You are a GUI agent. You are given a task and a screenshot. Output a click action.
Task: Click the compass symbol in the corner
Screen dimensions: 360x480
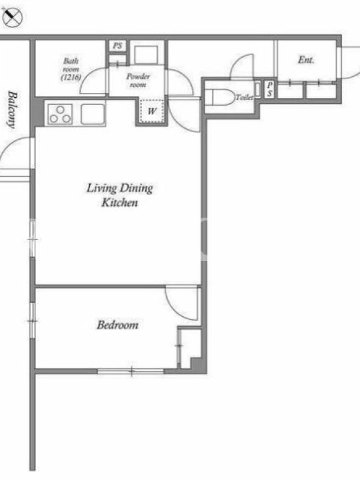(11, 17)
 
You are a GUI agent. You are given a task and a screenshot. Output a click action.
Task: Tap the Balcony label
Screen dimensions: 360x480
(12, 110)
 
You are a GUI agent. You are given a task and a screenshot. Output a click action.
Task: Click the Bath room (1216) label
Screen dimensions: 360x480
(71, 69)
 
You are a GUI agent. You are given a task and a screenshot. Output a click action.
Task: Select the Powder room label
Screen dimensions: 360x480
(138, 80)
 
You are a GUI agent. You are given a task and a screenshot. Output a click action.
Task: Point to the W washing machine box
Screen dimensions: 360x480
(152, 111)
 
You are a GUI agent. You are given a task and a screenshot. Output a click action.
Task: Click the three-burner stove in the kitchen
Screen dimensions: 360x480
(60, 114)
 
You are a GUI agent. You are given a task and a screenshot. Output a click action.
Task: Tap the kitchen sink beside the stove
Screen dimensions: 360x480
(92, 114)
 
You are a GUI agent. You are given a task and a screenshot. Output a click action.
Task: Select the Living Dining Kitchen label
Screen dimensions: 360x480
(119, 195)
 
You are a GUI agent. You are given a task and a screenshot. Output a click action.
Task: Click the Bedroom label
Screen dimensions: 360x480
(118, 325)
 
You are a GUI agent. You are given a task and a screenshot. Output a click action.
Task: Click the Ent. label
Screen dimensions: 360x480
(306, 59)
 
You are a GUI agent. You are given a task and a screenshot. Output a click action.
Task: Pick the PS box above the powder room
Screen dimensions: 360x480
(118, 46)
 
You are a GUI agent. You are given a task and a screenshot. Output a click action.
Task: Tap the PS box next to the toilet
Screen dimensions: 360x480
(269, 89)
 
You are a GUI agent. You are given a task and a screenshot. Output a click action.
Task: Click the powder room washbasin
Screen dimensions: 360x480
(146, 55)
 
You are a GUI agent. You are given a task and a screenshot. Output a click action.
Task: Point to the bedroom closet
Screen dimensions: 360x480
(190, 347)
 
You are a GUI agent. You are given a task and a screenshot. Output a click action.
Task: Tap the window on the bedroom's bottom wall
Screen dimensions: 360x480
(131, 371)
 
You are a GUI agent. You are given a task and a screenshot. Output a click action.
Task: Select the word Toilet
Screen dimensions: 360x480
(244, 98)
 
